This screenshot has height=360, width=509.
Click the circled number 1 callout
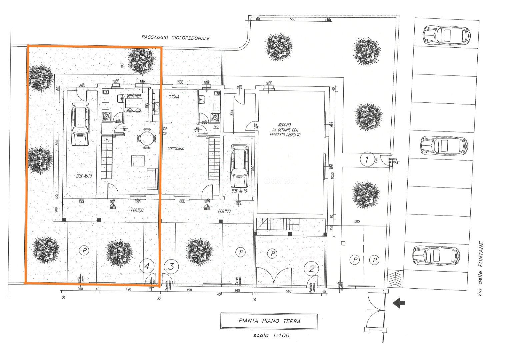pyautogui.click(x=367, y=159)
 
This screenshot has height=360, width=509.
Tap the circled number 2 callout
pyautogui.click(x=311, y=269)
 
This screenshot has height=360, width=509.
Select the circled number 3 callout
pyautogui.click(x=171, y=266)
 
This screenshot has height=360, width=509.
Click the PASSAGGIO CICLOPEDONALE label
pyautogui.click(x=175, y=38)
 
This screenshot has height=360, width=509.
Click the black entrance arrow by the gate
pyautogui.click(x=399, y=303)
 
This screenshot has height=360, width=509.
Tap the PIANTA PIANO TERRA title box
pyautogui.click(x=269, y=321)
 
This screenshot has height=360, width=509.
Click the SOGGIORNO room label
pyautogui.click(x=176, y=148)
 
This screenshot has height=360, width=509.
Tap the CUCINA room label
pyautogui.click(x=174, y=97)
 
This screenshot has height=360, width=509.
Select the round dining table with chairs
pyautogui.click(x=146, y=138)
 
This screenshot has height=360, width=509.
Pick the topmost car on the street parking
pyautogui.click(x=446, y=35)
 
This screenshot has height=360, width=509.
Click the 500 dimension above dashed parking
pyautogui.click(x=357, y=222)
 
